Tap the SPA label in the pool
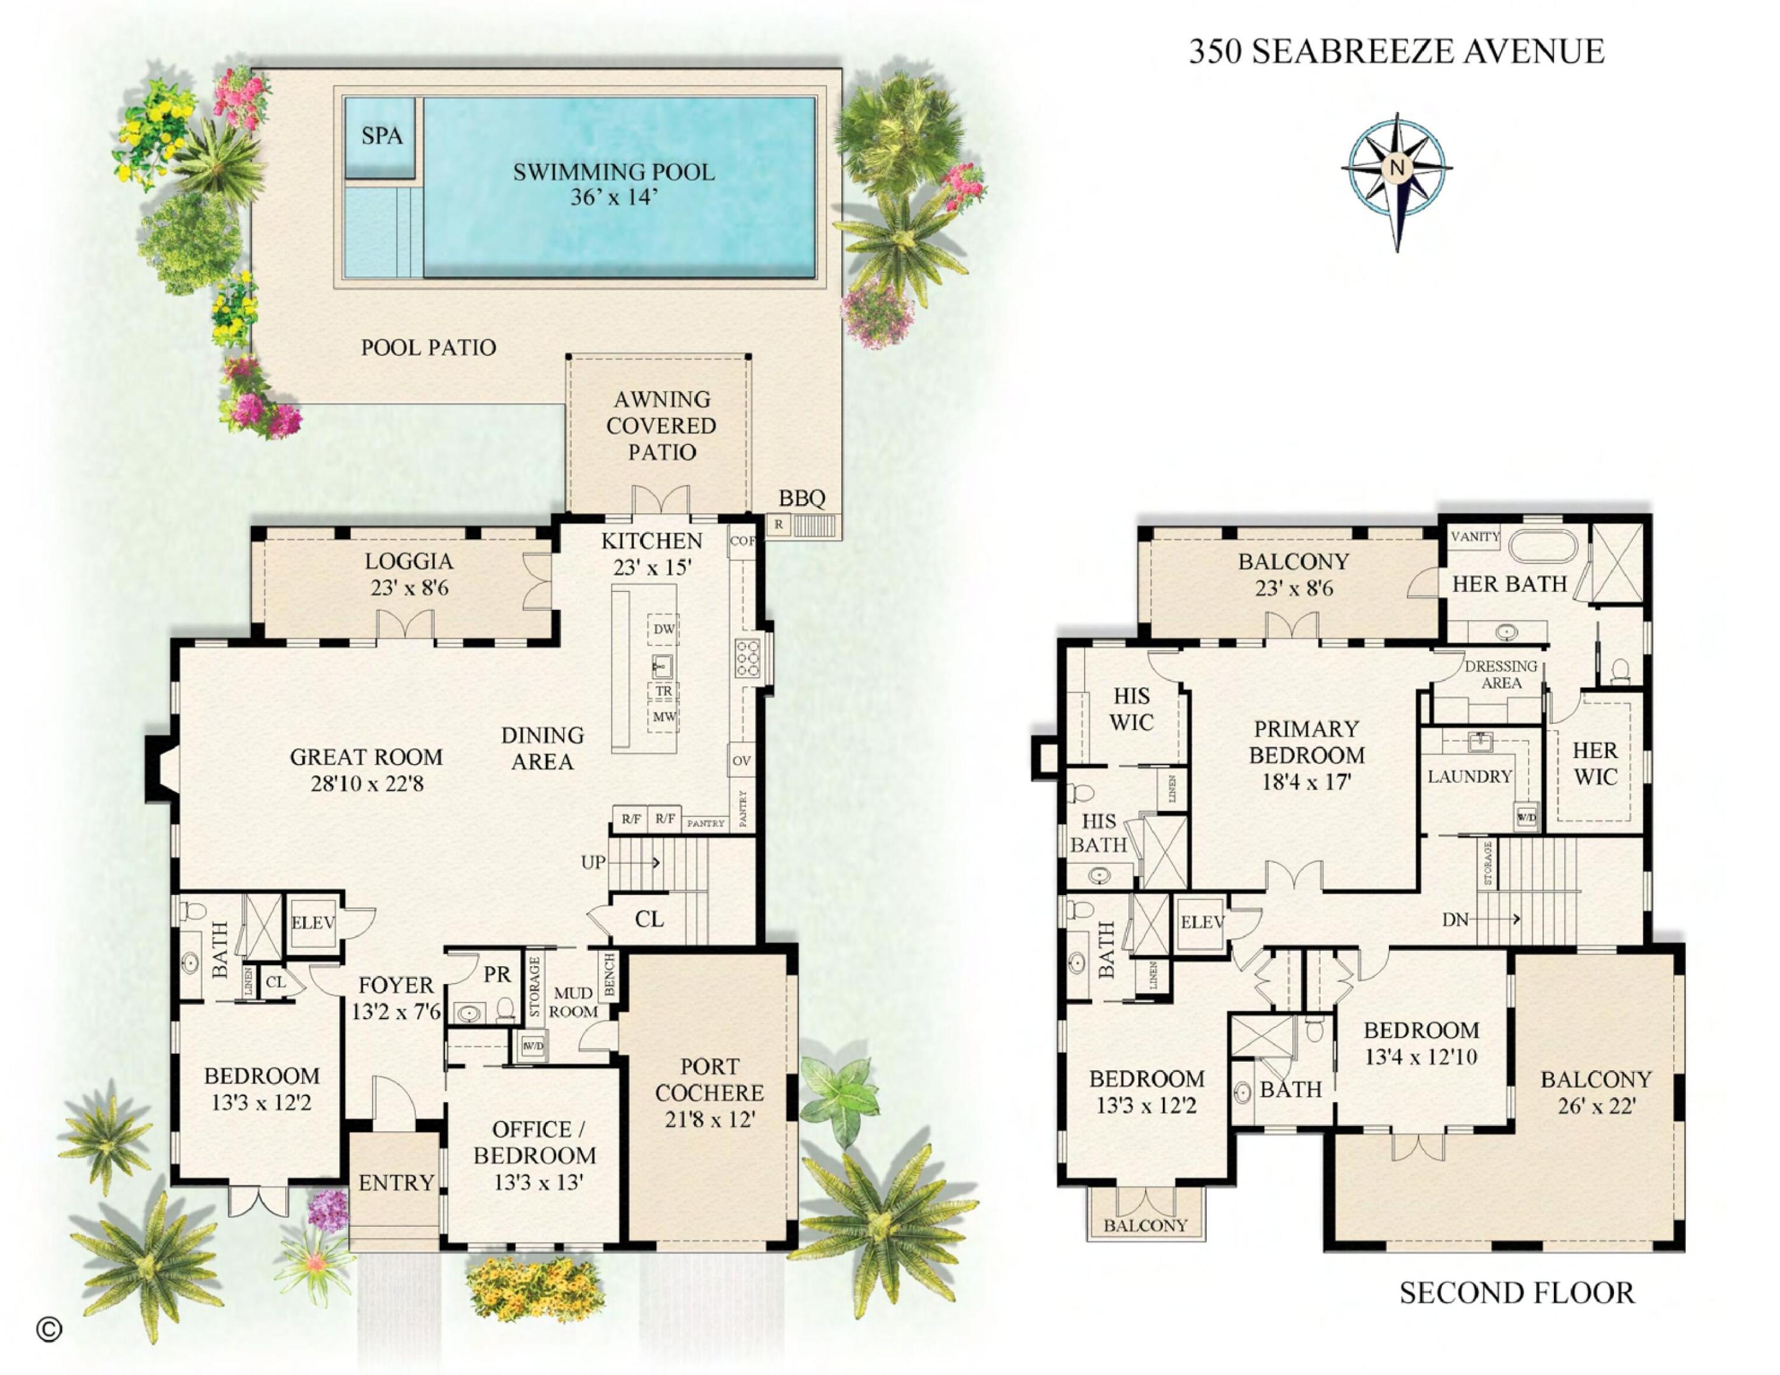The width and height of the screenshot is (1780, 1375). pyautogui.click(x=381, y=136)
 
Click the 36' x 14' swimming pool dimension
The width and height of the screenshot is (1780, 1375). pyautogui.click(x=613, y=198)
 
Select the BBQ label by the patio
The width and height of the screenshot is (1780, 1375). pyautogui.click(x=802, y=498)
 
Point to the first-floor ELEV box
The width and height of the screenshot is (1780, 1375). pyautogui.click(x=312, y=923)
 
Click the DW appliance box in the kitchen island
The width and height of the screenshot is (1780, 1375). pyautogui.click(x=664, y=629)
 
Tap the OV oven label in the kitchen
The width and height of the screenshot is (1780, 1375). pyautogui.click(x=741, y=761)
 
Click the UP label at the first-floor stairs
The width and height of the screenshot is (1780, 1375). pyautogui.click(x=592, y=862)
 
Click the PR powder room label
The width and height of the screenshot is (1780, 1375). pyautogui.click(x=496, y=974)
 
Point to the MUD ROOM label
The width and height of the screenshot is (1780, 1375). pyautogui.click(x=573, y=1003)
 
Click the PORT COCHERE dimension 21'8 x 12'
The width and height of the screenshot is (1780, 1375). pyautogui.click(x=709, y=1120)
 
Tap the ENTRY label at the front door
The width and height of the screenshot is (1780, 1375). pyautogui.click(x=396, y=1183)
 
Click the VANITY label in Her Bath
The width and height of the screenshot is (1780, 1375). pyautogui.click(x=1475, y=537)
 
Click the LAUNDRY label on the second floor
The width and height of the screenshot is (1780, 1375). pyautogui.click(x=1469, y=776)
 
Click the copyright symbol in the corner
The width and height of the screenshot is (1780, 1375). pyautogui.click(x=49, y=1329)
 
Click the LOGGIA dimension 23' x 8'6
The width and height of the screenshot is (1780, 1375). pyautogui.click(x=409, y=588)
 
